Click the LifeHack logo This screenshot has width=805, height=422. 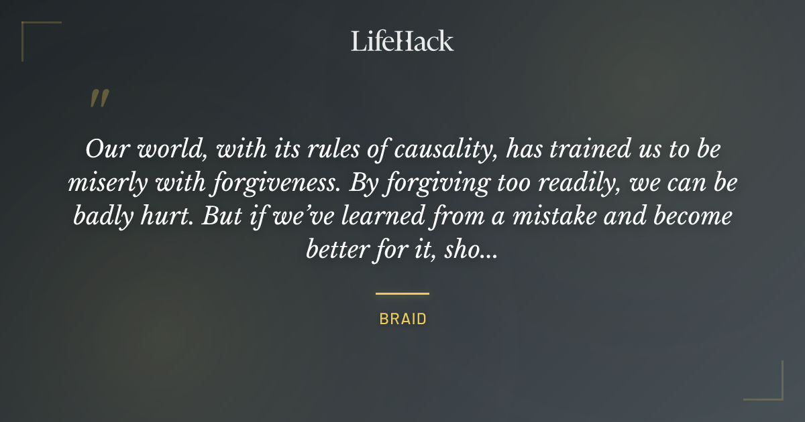click(x=402, y=41)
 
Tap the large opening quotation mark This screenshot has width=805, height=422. click(x=99, y=99)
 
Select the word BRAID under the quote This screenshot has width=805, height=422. click(x=402, y=319)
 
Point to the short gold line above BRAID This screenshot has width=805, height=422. click(x=402, y=293)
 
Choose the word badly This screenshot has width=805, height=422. click(x=104, y=217)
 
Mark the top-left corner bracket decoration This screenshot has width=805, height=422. click(x=30, y=30)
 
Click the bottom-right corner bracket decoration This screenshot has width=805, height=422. click(x=775, y=392)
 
